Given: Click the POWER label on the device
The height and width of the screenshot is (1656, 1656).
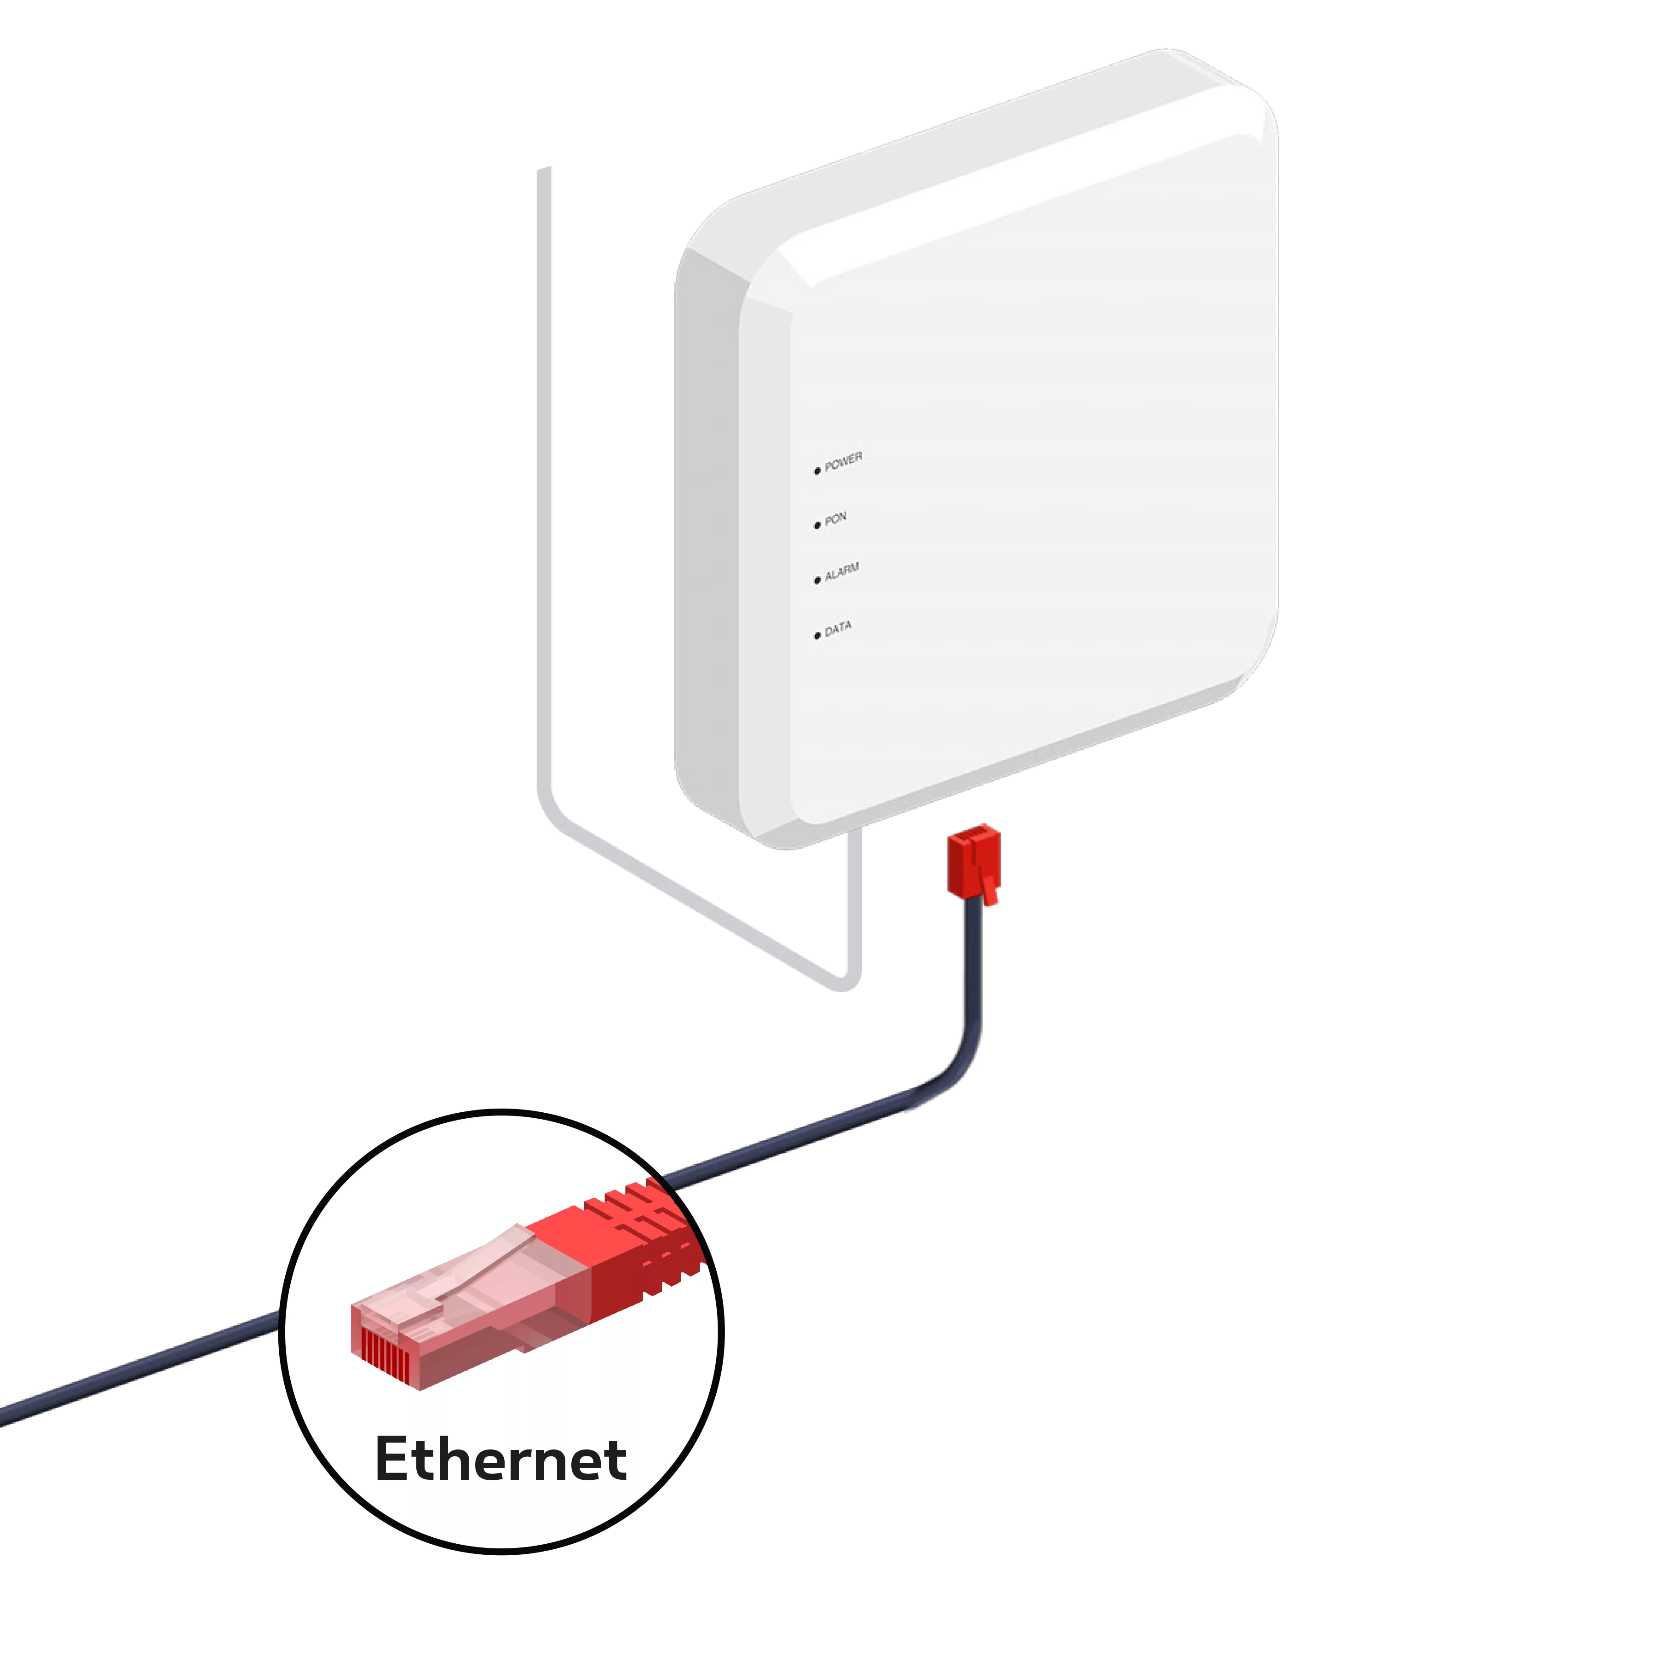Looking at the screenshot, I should [844, 462].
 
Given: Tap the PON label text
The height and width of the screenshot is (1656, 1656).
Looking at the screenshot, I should [836, 518].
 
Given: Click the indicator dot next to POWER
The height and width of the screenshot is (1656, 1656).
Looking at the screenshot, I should [817, 471].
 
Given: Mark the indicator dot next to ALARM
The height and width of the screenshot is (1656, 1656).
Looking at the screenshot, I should [817, 580].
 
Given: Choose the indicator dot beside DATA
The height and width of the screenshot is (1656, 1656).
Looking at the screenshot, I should [817, 636].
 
